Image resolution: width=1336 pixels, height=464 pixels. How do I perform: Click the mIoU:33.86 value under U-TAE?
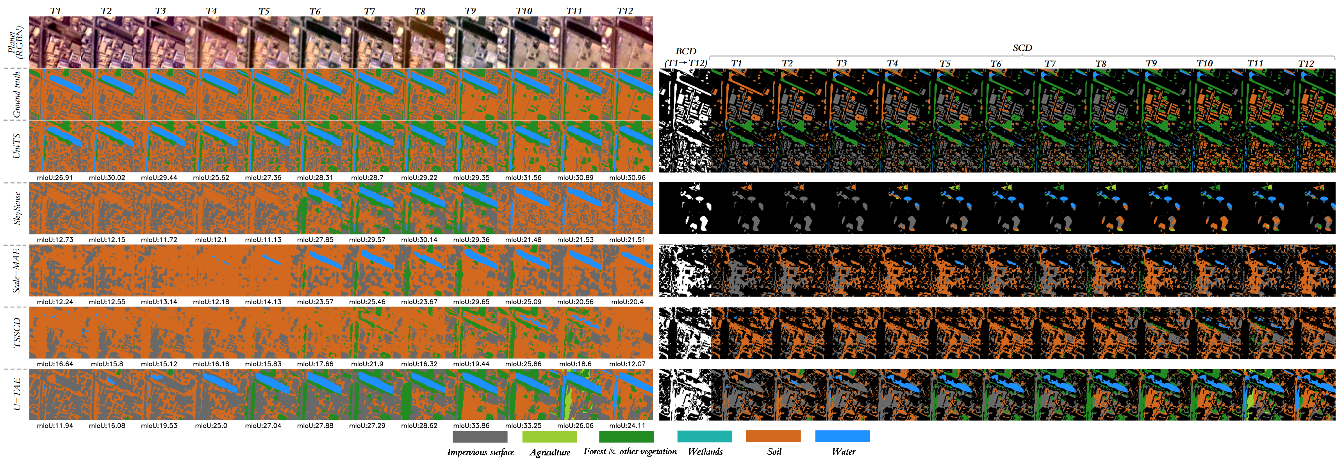coord(471,426)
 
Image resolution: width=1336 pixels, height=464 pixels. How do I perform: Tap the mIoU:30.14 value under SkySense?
coord(419,239)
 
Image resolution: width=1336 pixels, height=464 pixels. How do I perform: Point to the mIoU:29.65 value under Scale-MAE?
coord(471,302)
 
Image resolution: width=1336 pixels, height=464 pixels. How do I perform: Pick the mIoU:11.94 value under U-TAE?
coord(55,426)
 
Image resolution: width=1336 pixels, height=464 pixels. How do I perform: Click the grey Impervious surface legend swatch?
coord(480,437)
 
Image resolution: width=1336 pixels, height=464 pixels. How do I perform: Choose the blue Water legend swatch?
coord(842,437)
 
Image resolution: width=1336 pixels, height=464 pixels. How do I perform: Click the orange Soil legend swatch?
coord(773,437)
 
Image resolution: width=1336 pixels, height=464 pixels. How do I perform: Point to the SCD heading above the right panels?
coord(1022,48)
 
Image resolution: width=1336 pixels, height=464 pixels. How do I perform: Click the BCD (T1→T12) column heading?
coord(686,57)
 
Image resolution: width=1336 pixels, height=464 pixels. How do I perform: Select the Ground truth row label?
coord(17,95)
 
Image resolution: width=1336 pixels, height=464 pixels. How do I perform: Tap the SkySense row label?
coord(17,209)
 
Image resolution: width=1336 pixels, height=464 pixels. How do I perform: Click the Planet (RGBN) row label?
coord(16,43)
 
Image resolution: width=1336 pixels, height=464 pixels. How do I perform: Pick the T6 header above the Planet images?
coord(314,11)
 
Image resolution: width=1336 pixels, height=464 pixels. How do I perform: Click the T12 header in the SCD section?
coord(1306,64)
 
